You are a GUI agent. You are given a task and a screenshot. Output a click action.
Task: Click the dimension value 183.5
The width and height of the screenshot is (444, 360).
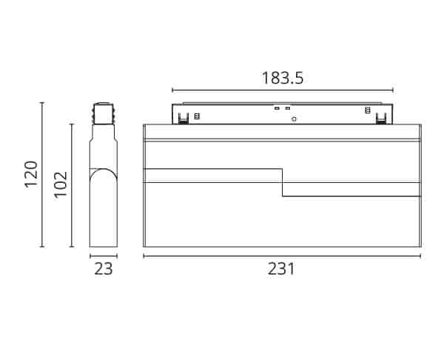coord(283,78)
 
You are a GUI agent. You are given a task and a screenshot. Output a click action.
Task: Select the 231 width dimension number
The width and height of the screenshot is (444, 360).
coord(281,269)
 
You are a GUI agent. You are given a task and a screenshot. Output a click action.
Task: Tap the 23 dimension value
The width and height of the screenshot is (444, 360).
coord(104,269)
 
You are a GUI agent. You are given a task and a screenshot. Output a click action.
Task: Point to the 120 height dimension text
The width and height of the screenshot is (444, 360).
coord(31,174)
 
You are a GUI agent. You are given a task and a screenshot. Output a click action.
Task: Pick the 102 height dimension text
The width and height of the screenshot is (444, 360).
coord(61,184)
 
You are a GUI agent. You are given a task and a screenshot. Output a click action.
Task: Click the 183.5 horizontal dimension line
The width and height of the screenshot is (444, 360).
coord(283,90)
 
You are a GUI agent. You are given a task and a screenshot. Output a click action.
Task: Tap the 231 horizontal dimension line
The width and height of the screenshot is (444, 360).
coord(282,256)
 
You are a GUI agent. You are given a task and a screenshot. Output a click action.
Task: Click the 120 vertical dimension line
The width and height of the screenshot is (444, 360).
coord(42,175)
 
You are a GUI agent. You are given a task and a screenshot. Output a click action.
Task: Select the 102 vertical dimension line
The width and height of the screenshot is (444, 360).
coord(72,185)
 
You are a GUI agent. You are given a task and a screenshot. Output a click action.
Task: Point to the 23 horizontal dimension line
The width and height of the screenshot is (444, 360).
coord(104,256)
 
